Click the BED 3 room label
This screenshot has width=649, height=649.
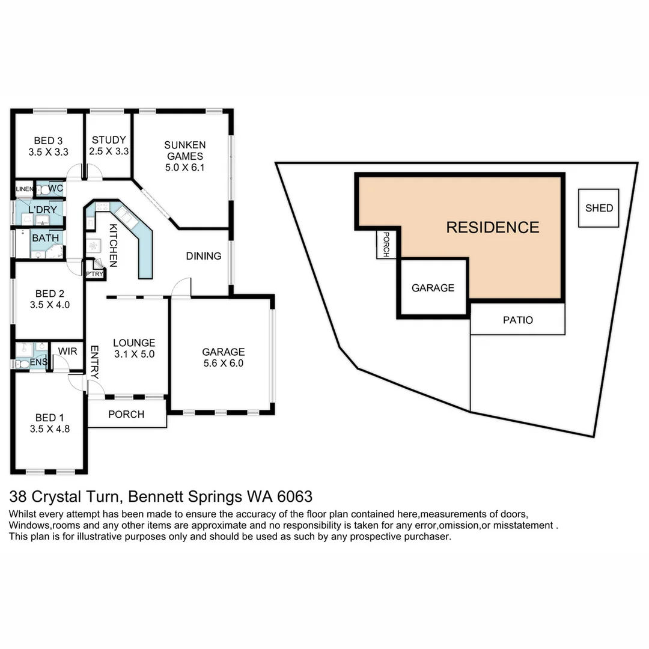point(48,146)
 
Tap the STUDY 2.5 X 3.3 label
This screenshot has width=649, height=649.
point(109,146)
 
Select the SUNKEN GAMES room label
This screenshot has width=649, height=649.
point(185,156)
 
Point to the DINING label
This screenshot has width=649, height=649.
point(203,256)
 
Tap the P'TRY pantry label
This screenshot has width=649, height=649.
point(94,274)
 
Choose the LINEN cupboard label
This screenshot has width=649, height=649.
point(25,189)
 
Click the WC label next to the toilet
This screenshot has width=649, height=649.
point(56,189)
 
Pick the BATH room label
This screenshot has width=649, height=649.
point(46,238)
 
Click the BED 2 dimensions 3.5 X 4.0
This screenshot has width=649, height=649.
point(49,305)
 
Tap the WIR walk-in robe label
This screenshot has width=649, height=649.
point(68,350)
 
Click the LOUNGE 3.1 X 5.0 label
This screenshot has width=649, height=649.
point(134,349)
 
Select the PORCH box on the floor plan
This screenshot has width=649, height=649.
point(127,414)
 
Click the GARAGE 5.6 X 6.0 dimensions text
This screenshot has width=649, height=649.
point(223,364)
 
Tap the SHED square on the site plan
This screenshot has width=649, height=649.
point(599,208)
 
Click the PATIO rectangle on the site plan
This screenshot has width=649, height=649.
point(517,320)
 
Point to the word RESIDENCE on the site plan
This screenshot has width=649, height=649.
point(492,227)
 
